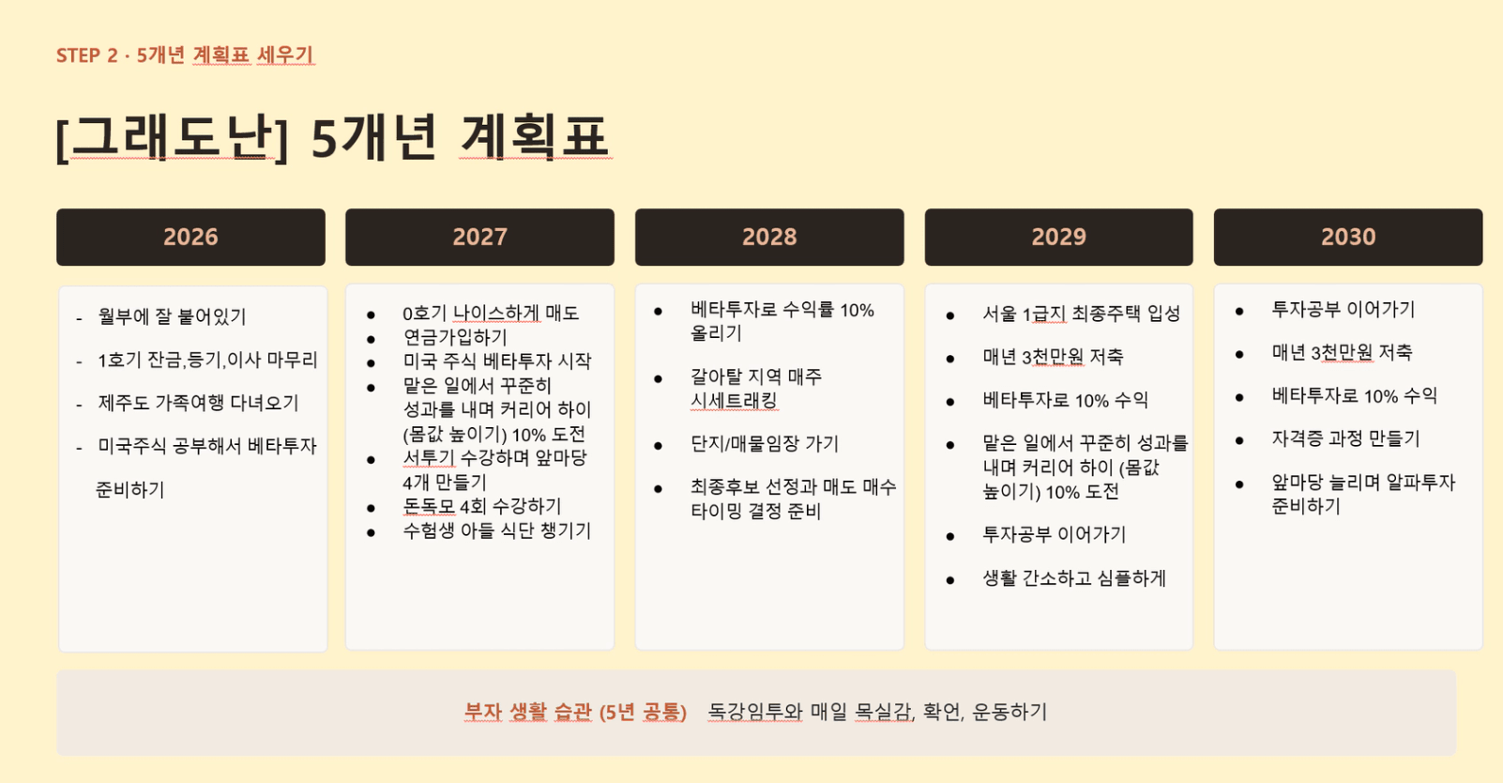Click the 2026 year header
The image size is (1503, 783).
[x=190, y=237]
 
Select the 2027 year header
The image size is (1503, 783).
[x=479, y=237]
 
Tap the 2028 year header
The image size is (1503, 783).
[x=769, y=237]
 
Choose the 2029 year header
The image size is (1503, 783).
[x=1059, y=237]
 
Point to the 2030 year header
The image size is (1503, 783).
[x=1348, y=237]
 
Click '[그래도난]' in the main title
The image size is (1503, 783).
[x=173, y=138]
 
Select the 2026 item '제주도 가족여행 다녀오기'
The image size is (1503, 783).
[x=198, y=403]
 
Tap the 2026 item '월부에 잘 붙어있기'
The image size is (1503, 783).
[x=172, y=316]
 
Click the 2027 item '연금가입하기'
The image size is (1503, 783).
[x=455, y=337]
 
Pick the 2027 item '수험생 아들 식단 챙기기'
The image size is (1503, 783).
[x=496, y=530]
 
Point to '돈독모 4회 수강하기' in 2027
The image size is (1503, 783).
[x=481, y=506]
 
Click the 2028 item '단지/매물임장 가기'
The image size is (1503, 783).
[x=765, y=443]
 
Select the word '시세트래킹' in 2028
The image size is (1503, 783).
[x=734, y=400]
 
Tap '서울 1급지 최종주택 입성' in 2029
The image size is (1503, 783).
[x=1081, y=314]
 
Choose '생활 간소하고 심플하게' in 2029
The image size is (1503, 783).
[x=1074, y=578]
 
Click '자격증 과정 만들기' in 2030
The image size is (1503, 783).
[x=1346, y=438]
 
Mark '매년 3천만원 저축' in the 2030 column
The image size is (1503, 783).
[x=1342, y=353]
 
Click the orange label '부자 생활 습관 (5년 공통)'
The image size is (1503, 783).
[x=575, y=712]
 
